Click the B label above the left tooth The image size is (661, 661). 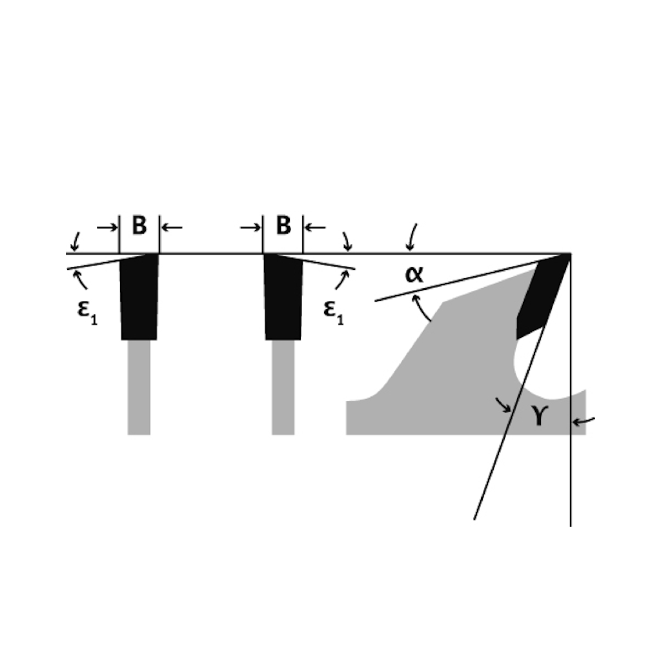[x=139, y=227]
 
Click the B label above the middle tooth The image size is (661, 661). [x=283, y=227]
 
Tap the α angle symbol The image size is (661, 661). [x=414, y=274]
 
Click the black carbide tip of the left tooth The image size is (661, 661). [x=139, y=297]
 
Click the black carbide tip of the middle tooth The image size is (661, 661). [x=283, y=297]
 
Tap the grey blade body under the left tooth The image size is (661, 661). [x=139, y=387]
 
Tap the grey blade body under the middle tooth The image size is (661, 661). [x=283, y=387]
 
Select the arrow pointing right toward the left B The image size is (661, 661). [x=107, y=227]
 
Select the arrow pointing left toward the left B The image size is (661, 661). [x=172, y=227]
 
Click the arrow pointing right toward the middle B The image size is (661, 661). [x=250, y=227]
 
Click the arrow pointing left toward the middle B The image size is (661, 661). [x=315, y=227]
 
